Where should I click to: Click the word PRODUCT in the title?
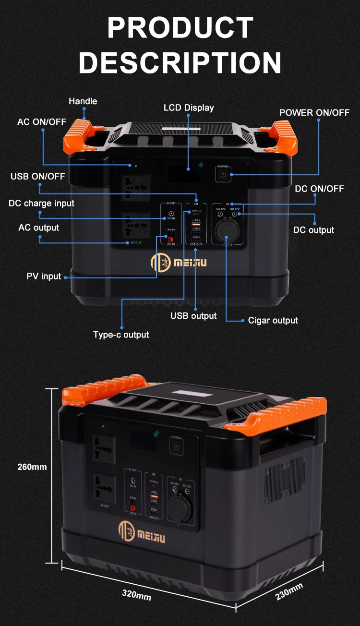pyautogui.click(x=180, y=27)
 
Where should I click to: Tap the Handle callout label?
pyautogui.click(x=83, y=101)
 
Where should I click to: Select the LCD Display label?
pyautogui.click(x=189, y=108)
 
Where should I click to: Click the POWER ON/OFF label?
pyautogui.click(x=314, y=113)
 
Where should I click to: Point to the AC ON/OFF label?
pyautogui.click(x=42, y=122)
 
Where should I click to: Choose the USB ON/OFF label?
pyautogui.click(x=37, y=176)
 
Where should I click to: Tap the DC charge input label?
pyautogui.click(x=41, y=203)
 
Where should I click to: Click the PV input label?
pyautogui.click(x=44, y=277)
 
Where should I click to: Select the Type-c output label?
pyautogui.click(x=121, y=335)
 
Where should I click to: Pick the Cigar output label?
pyautogui.click(x=273, y=320)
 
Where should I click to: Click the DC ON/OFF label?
pyautogui.click(x=319, y=189)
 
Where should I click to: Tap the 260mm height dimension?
pyautogui.click(x=32, y=467)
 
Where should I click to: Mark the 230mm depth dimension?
pyautogui.click(x=289, y=591)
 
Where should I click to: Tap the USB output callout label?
pyautogui.click(x=193, y=316)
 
